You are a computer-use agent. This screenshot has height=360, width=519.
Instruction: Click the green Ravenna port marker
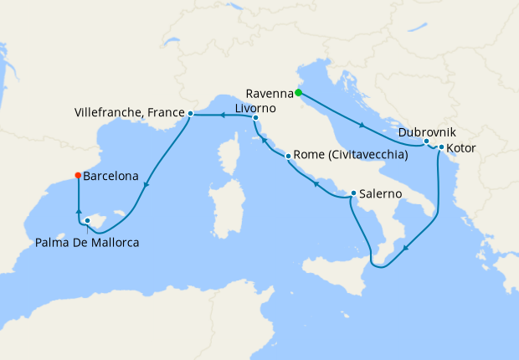tap(298, 93)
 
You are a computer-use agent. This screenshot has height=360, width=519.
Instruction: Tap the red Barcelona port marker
tap(78, 176)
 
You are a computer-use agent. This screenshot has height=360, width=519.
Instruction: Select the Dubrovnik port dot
tap(426, 141)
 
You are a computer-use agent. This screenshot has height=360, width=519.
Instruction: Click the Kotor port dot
tap(440, 147)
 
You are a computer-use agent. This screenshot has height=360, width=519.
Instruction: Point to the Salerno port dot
tap(353, 193)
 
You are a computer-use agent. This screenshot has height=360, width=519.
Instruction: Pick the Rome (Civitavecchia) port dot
tap(287, 156)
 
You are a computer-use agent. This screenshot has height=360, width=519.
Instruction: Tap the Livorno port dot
tap(255, 119)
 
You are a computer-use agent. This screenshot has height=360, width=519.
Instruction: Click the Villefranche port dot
tap(191, 113)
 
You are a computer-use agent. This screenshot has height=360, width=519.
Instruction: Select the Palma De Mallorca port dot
tap(87, 221)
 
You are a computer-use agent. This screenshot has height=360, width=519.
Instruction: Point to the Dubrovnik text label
tap(428, 131)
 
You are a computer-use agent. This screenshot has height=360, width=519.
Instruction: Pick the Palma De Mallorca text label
tap(87, 243)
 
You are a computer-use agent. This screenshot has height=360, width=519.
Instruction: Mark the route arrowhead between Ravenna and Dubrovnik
tap(362, 126)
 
